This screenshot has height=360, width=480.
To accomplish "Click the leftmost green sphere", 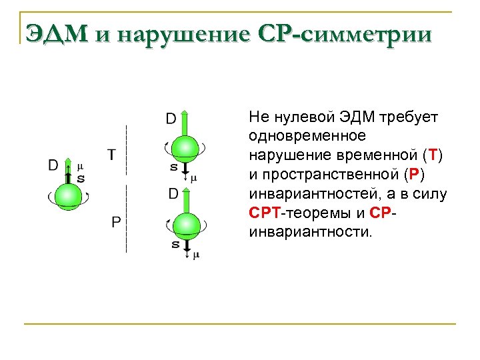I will coord(67,196).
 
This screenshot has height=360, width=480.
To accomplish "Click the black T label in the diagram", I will coord(112,155).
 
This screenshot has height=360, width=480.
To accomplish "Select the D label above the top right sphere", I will coord(171,119).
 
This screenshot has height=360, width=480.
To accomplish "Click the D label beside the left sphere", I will coord(53,165).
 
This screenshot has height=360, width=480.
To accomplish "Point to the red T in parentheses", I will coord(434,155).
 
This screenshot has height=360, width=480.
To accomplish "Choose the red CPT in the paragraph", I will coord(265,213).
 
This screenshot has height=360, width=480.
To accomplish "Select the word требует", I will coord(408,117).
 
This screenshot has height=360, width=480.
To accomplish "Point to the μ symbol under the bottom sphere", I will coord(196,255).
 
